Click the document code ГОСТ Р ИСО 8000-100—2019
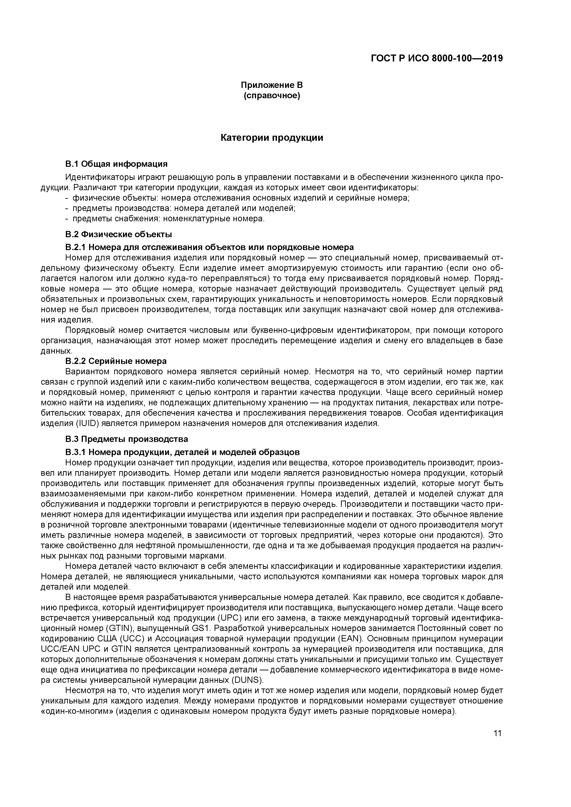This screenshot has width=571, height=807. (437, 58)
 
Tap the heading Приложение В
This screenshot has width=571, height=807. (272, 85)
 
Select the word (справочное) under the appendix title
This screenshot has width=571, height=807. (272, 96)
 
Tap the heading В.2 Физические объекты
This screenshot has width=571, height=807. (119, 234)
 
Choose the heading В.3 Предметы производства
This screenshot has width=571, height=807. (127, 439)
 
